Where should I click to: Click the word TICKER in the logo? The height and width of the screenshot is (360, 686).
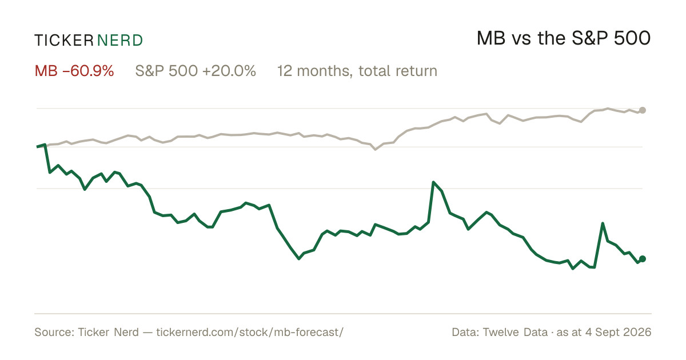(x=63, y=41)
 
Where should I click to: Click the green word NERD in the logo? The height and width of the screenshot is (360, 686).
(x=120, y=41)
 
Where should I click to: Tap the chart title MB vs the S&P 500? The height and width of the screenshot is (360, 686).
(x=564, y=38)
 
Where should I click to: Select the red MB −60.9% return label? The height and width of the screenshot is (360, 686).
(x=74, y=71)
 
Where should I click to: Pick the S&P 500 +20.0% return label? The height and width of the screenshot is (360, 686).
(x=196, y=71)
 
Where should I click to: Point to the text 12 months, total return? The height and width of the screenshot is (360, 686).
(x=357, y=71)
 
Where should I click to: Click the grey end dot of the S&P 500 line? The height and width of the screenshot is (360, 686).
(x=643, y=110)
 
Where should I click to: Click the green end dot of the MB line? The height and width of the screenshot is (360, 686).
(x=643, y=259)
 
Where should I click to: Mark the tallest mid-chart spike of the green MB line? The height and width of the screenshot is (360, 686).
(x=433, y=182)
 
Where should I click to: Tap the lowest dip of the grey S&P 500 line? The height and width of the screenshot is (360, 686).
(x=376, y=149)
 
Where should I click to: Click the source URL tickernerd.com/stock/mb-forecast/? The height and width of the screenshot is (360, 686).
(x=250, y=332)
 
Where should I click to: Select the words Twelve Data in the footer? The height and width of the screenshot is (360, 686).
(x=515, y=332)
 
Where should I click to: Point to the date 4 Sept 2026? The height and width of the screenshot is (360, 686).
(x=619, y=332)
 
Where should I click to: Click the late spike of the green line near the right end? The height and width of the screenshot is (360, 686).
(x=603, y=223)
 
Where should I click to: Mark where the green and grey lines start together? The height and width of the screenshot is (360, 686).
(x=37, y=147)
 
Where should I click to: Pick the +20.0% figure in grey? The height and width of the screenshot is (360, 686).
(x=229, y=71)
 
